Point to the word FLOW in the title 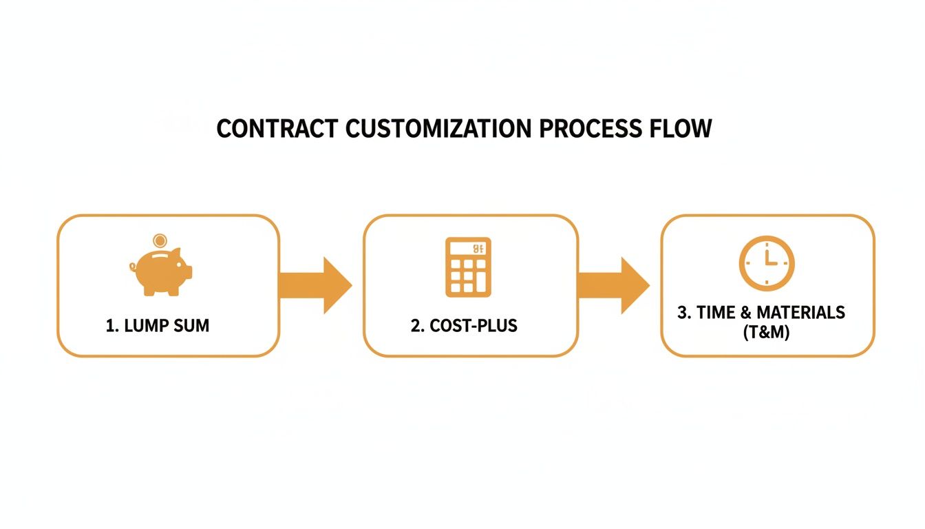pyautogui.click(x=681, y=129)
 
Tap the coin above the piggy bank pyautogui.click(x=160, y=241)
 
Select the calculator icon pyautogui.click(x=469, y=267)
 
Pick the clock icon pyautogui.click(x=767, y=263)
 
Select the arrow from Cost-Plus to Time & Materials pyautogui.click(x=614, y=285)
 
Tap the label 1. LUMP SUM pyautogui.click(x=158, y=326)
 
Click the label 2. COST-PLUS pyautogui.click(x=464, y=326)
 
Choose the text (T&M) pyautogui.click(x=767, y=331)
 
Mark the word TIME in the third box pyautogui.click(x=716, y=313)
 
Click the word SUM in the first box pyautogui.click(x=192, y=326)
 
